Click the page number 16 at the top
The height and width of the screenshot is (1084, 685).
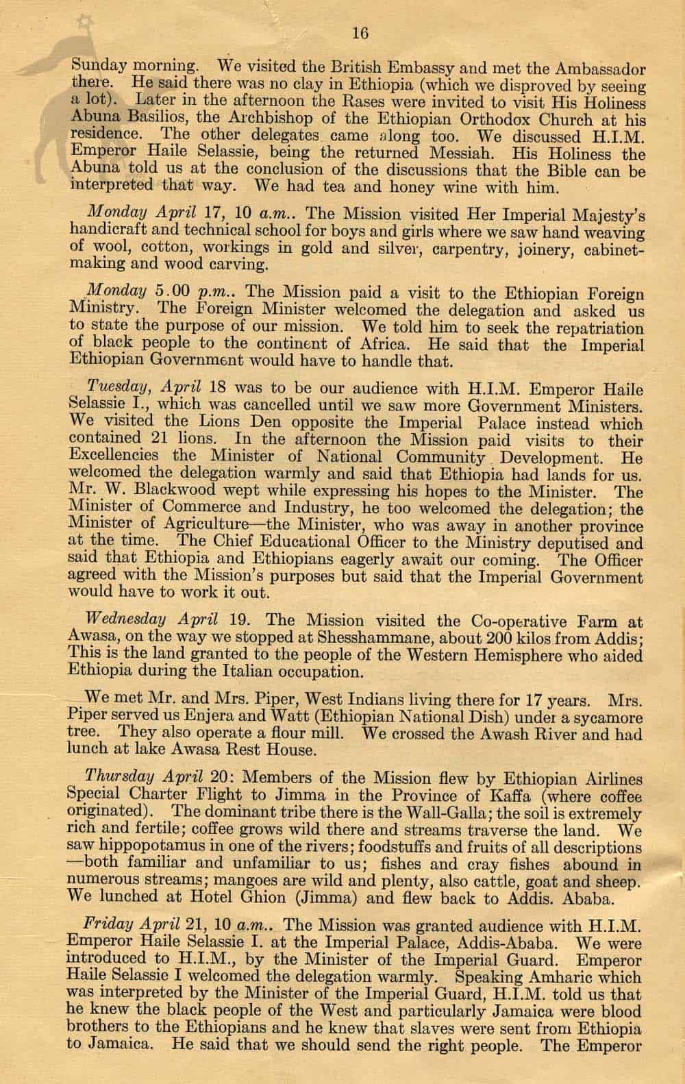point(359,32)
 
